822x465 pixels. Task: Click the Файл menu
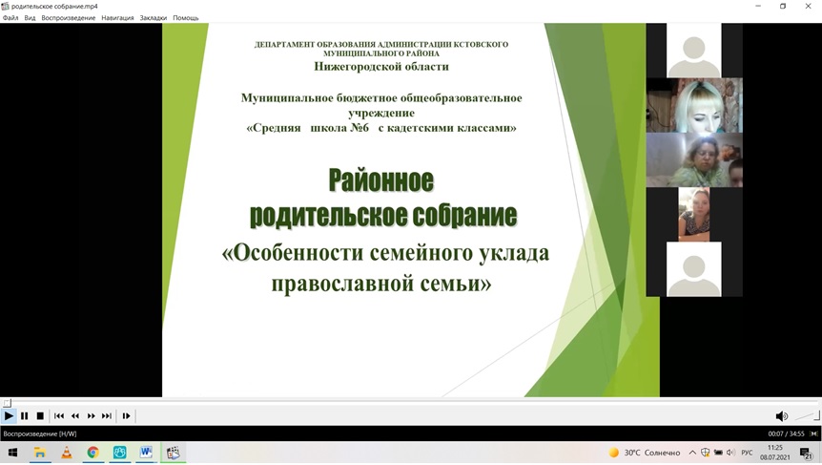[10, 18]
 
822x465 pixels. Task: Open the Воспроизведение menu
[68, 18]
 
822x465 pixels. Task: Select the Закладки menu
[154, 18]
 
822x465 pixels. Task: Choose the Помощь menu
[186, 18]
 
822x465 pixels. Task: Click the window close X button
[808, 6]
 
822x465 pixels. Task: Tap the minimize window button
[758, 6]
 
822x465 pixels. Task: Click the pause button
[24, 415]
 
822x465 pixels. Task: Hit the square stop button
[40, 415]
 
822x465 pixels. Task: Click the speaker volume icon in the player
[781, 416]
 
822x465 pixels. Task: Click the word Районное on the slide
[381, 180]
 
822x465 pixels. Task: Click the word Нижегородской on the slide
[350, 67]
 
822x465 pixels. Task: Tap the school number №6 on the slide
[360, 128]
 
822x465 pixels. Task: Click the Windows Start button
[13, 453]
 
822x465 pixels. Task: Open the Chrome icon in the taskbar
[92, 453]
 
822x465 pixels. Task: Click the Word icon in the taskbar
[146, 453]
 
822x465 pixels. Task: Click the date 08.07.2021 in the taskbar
[775, 457]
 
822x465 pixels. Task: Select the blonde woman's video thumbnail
[694, 105]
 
